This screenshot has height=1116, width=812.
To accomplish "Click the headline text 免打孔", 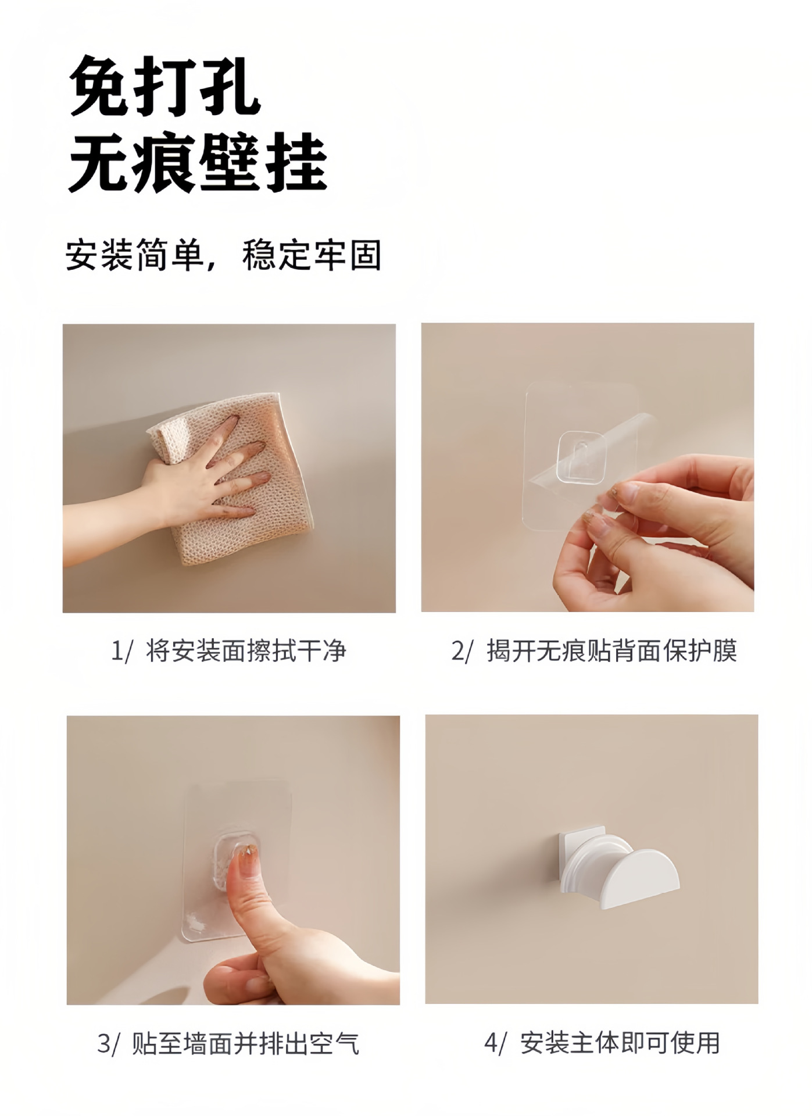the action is [165, 87].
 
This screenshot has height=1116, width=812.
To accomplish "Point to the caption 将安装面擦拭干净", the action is [246, 650].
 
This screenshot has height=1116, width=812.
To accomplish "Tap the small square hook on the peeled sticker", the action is [582, 457].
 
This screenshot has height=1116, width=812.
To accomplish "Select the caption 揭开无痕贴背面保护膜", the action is [612, 650].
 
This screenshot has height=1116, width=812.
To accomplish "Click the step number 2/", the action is [463, 651].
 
